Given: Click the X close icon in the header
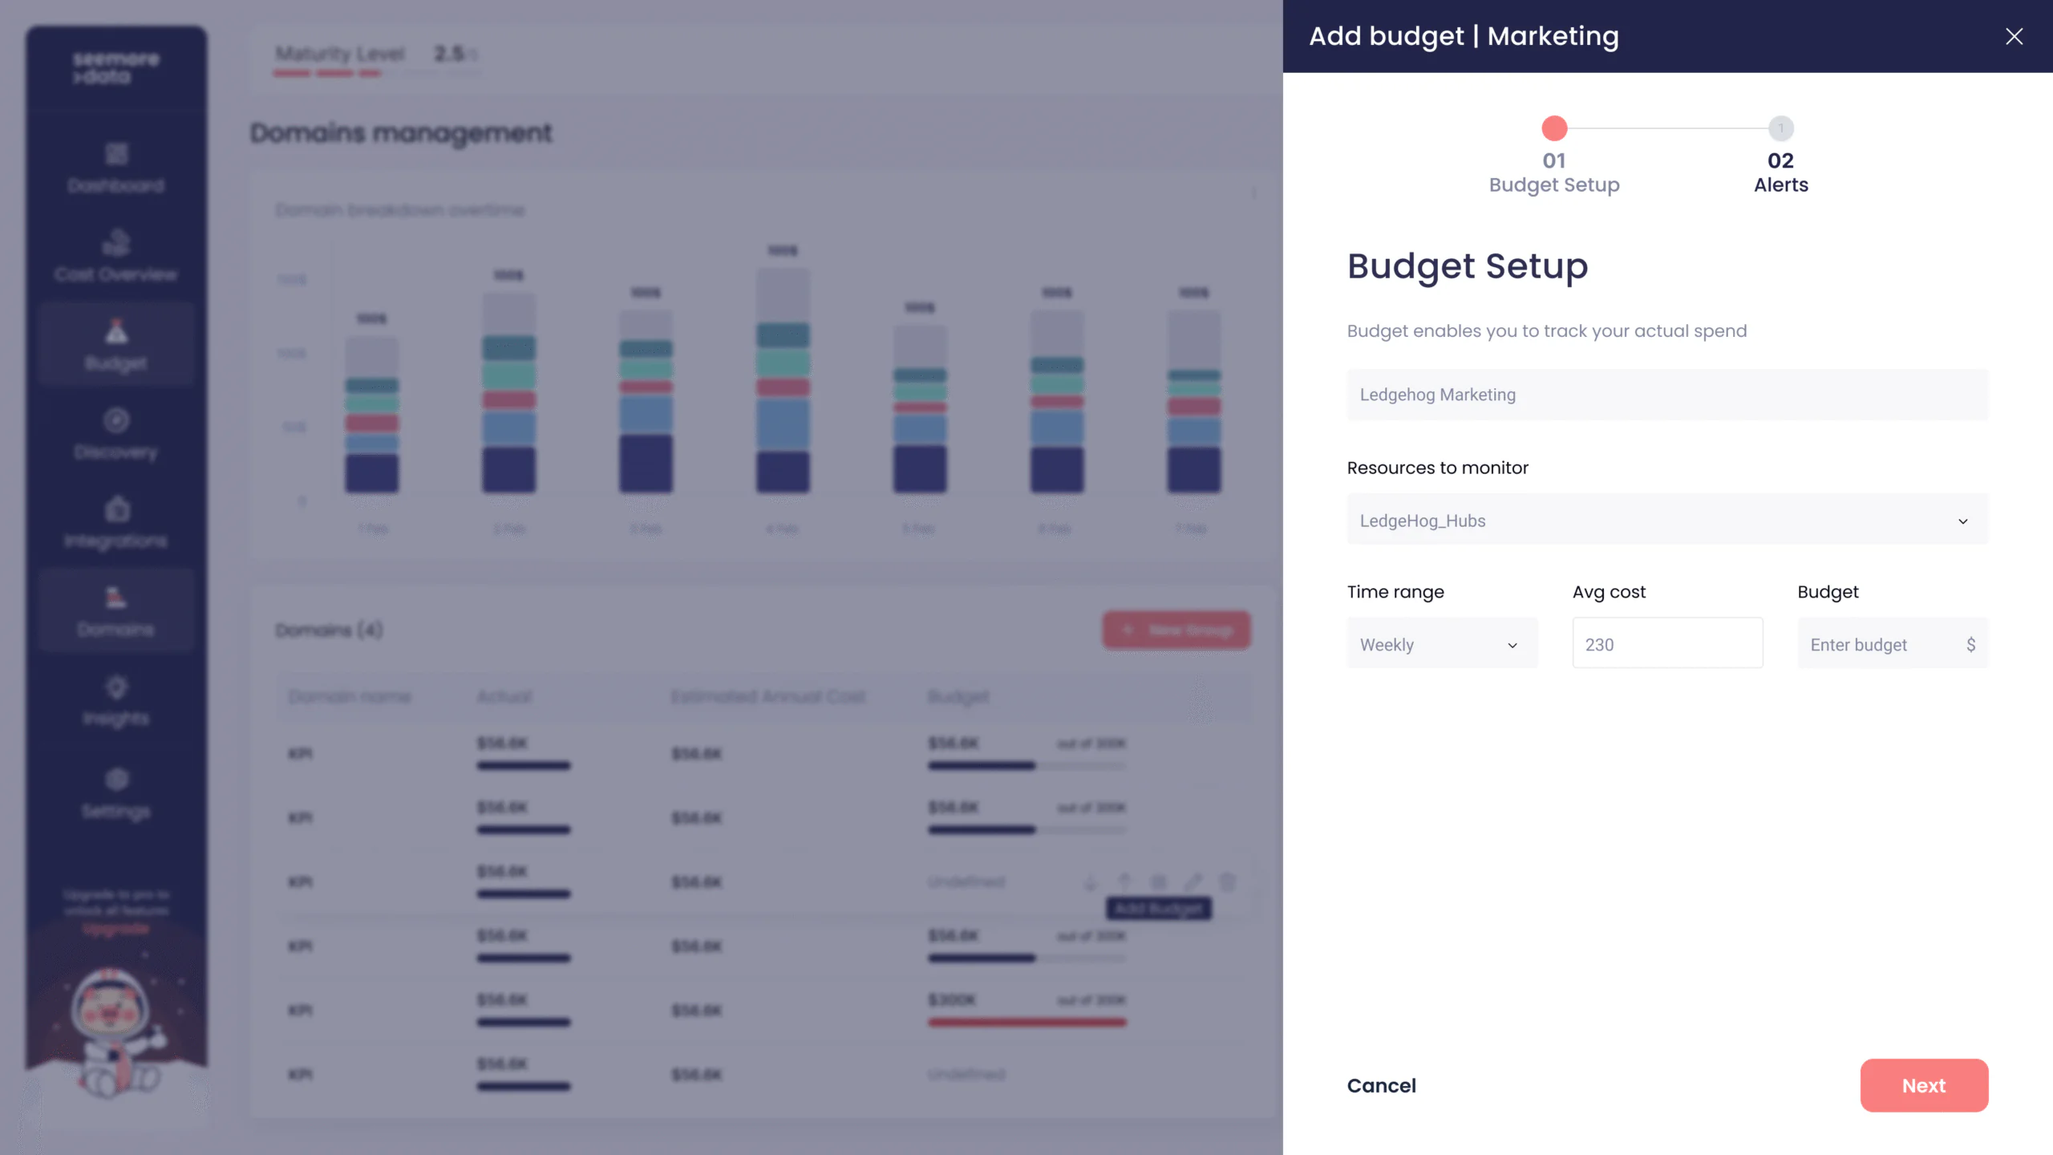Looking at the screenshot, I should pos(2014,36).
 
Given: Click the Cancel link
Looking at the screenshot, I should pos(1381,1085).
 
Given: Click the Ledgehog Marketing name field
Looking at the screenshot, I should pos(1666,395).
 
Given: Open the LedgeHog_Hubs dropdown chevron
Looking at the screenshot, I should pos(1962,521).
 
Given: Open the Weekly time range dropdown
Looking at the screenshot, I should pos(1441,645).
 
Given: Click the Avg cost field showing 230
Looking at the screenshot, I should pos(1666,645).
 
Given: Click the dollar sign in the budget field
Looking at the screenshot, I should pos(1970,645).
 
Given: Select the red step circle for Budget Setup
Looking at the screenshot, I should pos(1554,128).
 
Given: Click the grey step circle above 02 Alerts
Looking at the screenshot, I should pos(1780,128).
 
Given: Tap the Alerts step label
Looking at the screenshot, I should pos(1780,184).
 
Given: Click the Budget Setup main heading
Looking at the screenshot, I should pos(1467,266).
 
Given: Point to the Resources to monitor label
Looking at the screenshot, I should pos(1437,468).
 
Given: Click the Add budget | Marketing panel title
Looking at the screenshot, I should pos(1464,36).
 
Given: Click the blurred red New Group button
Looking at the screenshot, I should pos(1176,630).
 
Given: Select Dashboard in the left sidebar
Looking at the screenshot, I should pos(116,168).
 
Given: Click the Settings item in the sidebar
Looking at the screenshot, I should pos(116,794).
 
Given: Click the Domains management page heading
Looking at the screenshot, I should pos(401,133).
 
